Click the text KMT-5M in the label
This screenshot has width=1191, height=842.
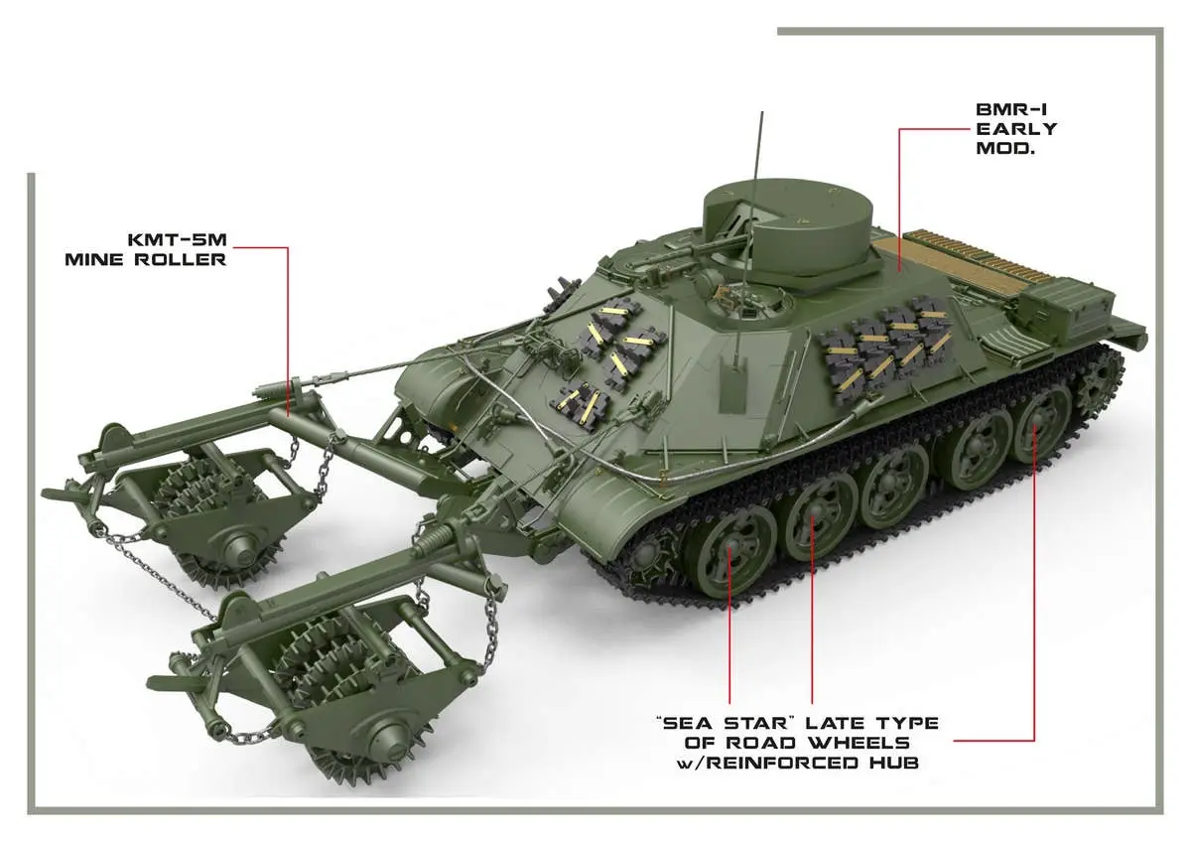tap(178, 240)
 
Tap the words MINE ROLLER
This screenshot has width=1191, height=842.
tap(146, 259)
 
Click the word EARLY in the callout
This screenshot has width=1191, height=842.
tap(1016, 129)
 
